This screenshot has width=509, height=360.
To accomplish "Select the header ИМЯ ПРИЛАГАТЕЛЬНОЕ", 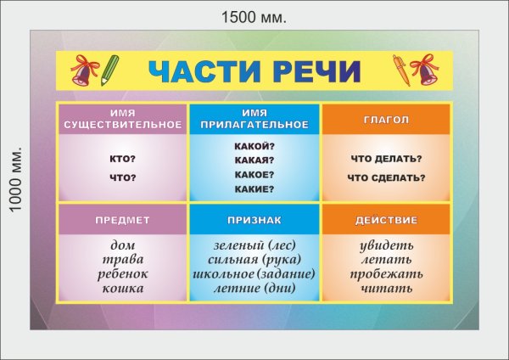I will (255, 119).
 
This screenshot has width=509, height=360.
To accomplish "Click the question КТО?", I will (123, 159).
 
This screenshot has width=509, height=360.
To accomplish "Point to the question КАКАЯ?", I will (255, 160).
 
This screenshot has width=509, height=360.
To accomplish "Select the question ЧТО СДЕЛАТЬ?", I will (386, 177).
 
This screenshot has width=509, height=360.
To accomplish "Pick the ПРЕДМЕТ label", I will (123, 220).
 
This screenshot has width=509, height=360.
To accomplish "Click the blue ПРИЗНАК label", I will (255, 220).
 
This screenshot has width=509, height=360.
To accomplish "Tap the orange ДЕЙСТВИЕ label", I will (386, 220).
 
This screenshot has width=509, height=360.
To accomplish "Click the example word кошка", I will (123, 289).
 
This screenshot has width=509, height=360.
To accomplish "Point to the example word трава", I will (123, 259).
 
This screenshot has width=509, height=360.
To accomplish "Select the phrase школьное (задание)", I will (255, 274).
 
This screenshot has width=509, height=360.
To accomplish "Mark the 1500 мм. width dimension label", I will (254, 16).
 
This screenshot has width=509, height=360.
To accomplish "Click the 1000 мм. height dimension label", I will (14, 180).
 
